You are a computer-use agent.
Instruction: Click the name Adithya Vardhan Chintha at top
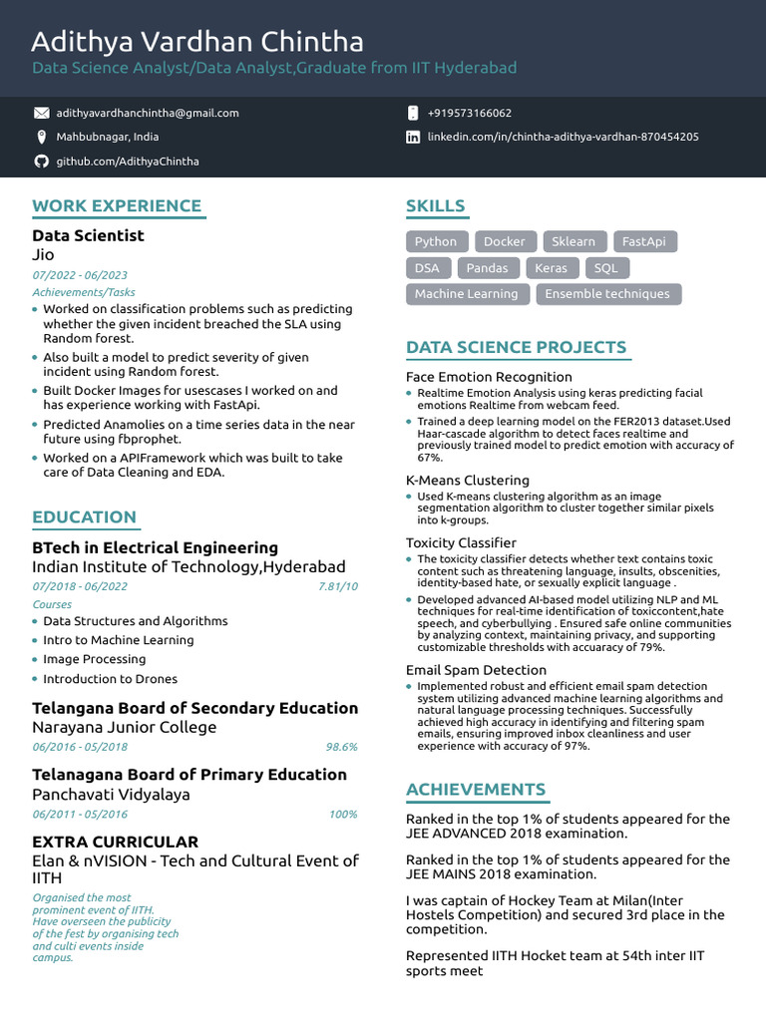click(197, 42)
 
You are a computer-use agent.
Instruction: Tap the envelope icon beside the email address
click(41, 114)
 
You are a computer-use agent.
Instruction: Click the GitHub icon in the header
click(41, 162)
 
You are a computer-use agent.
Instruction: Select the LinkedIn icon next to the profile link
click(413, 138)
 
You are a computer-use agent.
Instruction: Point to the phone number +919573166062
click(469, 114)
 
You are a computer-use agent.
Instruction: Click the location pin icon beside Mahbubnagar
click(41, 138)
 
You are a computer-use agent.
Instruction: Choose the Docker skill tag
click(504, 241)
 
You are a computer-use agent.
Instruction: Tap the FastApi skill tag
click(643, 241)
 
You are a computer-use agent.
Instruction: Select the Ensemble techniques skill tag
click(607, 294)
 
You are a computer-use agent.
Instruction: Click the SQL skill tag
click(605, 268)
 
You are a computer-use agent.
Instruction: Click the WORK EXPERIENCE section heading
click(117, 206)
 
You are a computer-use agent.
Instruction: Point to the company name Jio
click(43, 255)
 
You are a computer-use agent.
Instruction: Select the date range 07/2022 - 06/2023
click(80, 275)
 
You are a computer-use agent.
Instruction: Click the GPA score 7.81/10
click(337, 586)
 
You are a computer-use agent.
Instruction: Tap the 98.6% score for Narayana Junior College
click(341, 747)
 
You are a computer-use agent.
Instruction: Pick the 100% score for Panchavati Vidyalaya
click(342, 815)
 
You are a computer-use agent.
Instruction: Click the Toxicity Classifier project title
click(461, 543)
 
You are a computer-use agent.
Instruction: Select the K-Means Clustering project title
click(467, 481)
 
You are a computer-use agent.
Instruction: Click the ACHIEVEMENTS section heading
click(476, 790)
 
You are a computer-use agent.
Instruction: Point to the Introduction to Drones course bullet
click(110, 679)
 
